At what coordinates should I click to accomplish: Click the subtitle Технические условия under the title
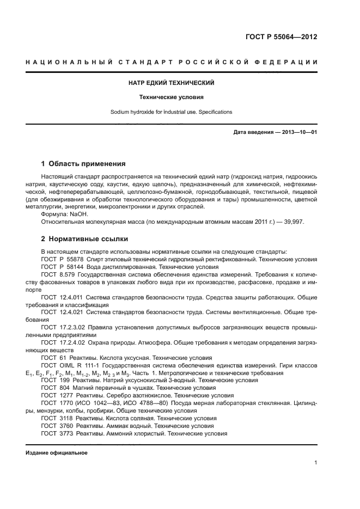pyautogui.click(x=172, y=97)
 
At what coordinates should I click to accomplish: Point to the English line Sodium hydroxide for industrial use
pyautogui.click(x=172, y=112)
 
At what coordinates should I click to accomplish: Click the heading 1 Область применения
pyautogui.click(x=84, y=163)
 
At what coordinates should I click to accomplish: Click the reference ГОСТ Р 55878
pyautogui.click(x=61, y=260)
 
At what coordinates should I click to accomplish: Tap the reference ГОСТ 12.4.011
pyautogui.click(x=61, y=298)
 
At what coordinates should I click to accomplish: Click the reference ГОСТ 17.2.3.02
pyautogui.click(x=63, y=328)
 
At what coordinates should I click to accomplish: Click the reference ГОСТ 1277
pyautogui.click(x=56, y=395)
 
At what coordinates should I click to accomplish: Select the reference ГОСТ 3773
pyautogui.click(x=56, y=433)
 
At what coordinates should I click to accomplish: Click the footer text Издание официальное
pyautogui.click(x=57, y=452)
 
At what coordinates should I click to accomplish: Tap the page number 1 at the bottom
pyautogui.click(x=316, y=463)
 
